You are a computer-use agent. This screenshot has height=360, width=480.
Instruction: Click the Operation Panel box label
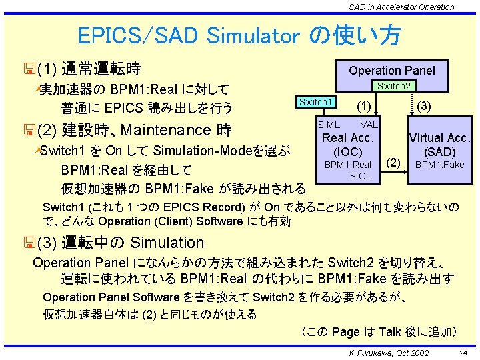tap(391, 70)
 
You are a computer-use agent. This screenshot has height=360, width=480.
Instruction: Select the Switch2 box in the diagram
tap(393, 86)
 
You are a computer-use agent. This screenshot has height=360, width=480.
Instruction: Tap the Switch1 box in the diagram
tap(315, 102)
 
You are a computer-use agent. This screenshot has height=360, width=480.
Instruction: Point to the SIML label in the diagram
tap(328, 125)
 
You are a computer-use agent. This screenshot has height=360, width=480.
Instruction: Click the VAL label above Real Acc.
tap(369, 125)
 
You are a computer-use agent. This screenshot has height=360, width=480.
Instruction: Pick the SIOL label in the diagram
tap(360, 176)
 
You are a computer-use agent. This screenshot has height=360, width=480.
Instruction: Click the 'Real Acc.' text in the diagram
tap(347, 138)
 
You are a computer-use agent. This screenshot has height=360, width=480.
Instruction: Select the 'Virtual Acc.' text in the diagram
tap(440, 139)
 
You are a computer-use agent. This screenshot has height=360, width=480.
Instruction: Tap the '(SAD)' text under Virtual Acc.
tap(439, 152)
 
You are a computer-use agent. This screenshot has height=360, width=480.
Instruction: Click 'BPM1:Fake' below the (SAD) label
tap(439, 165)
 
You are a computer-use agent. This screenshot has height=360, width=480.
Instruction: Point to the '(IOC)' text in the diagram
tap(347, 151)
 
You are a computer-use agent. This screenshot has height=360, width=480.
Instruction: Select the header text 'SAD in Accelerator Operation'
tap(401, 7)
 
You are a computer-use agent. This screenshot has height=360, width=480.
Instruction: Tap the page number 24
tap(463, 351)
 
